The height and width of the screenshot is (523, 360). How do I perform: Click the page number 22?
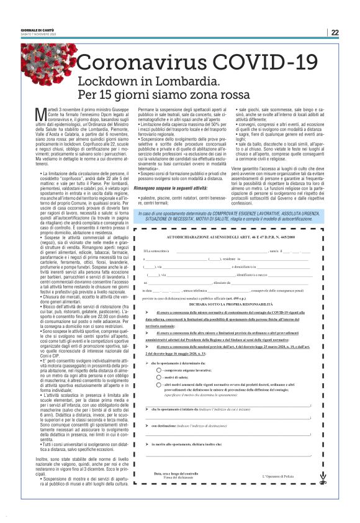coord(335,32)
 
